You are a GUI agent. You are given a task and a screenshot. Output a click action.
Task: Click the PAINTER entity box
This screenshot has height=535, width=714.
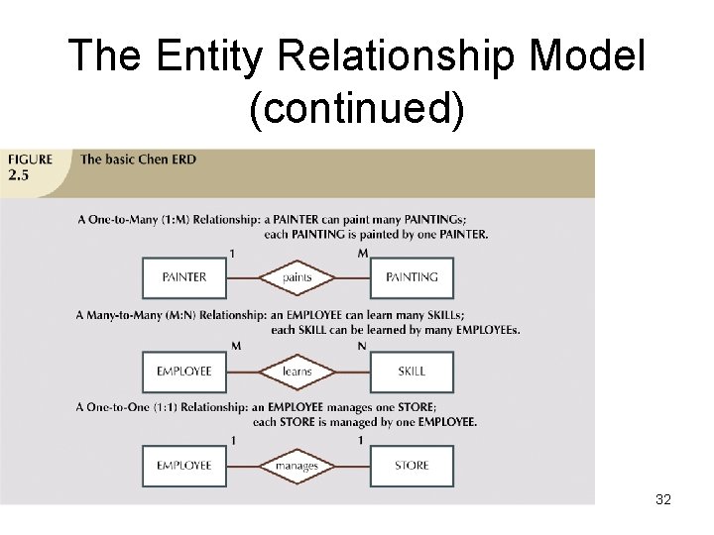tap(183, 277)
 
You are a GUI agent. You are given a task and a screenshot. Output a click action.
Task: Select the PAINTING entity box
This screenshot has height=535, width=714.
tap(412, 277)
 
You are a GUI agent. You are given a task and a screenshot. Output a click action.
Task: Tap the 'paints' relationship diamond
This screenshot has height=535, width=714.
tap(297, 277)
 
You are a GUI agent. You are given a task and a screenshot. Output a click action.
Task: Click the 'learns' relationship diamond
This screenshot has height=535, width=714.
tap(297, 372)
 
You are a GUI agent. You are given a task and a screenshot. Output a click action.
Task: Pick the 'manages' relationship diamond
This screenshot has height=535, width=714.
tap(297, 466)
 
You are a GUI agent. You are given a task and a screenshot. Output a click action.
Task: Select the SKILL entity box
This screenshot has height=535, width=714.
tap(412, 372)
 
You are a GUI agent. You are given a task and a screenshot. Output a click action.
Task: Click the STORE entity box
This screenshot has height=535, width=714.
tap(412, 466)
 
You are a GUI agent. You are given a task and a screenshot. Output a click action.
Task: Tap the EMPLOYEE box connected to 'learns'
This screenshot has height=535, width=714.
tap(183, 372)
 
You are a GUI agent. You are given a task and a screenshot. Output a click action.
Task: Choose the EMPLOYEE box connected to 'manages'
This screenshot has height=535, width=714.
tap(183, 466)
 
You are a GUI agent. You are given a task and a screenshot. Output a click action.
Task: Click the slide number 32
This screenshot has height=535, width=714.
tap(663, 499)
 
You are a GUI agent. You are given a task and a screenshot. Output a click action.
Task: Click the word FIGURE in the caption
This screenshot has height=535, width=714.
tap(30, 160)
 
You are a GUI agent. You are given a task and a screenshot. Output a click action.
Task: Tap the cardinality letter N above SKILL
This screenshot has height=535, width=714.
tap(362, 346)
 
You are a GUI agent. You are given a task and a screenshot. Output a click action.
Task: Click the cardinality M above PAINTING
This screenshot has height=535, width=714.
tap(362, 253)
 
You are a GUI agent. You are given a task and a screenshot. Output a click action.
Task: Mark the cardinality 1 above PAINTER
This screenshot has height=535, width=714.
tap(232, 253)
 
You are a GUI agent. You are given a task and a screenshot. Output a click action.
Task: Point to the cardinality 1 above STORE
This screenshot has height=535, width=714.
tap(361, 440)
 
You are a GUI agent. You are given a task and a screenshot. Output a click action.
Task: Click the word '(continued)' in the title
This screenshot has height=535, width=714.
tap(357, 109)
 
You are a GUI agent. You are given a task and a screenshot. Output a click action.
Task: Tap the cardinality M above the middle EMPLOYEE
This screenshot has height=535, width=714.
tap(236, 346)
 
